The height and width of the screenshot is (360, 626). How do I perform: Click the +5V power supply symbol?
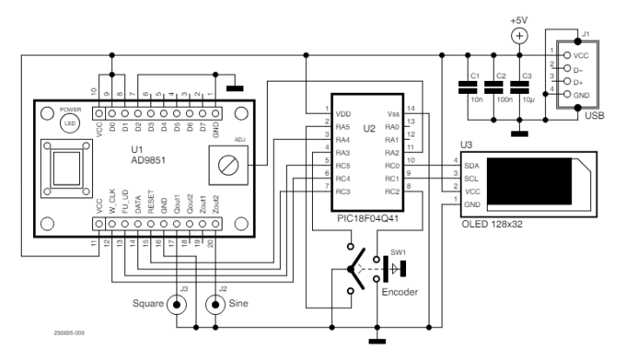pyautogui.click(x=519, y=36)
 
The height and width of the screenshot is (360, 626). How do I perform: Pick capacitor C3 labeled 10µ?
pyautogui.click(x=520, y=86)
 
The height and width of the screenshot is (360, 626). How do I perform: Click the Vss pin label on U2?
pyautogui.click(x=392, y=112)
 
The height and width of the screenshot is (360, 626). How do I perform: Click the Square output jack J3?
pyautogui.click(x=178, y=305)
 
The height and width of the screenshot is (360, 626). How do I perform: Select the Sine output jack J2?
pyautogui.click(x=212, y=305)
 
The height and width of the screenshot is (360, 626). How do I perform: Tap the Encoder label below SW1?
pyautogui.click(x=401, y=293)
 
